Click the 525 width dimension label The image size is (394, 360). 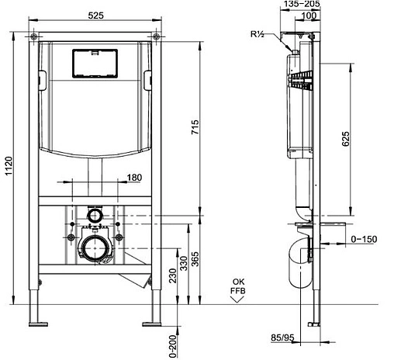[95, 16]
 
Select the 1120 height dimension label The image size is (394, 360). [9, 166]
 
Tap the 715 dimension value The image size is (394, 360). [195, 126]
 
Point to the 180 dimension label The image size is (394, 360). [134, 178]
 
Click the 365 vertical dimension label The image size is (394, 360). [195, 259]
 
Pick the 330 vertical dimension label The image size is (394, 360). [184, 263]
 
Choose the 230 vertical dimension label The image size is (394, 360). [173, 275]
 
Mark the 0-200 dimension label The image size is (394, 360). [173, 346]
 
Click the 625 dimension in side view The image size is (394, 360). [346, 139]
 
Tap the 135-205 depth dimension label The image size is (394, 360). [302, 4]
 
